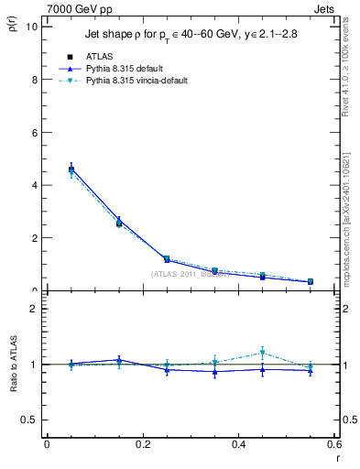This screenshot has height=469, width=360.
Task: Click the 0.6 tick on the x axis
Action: coord(334,444)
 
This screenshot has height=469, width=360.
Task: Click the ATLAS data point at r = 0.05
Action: coord(71,169)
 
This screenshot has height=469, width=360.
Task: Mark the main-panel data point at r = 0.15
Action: coord(119,223)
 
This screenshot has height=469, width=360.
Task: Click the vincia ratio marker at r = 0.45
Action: coord(263,353)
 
